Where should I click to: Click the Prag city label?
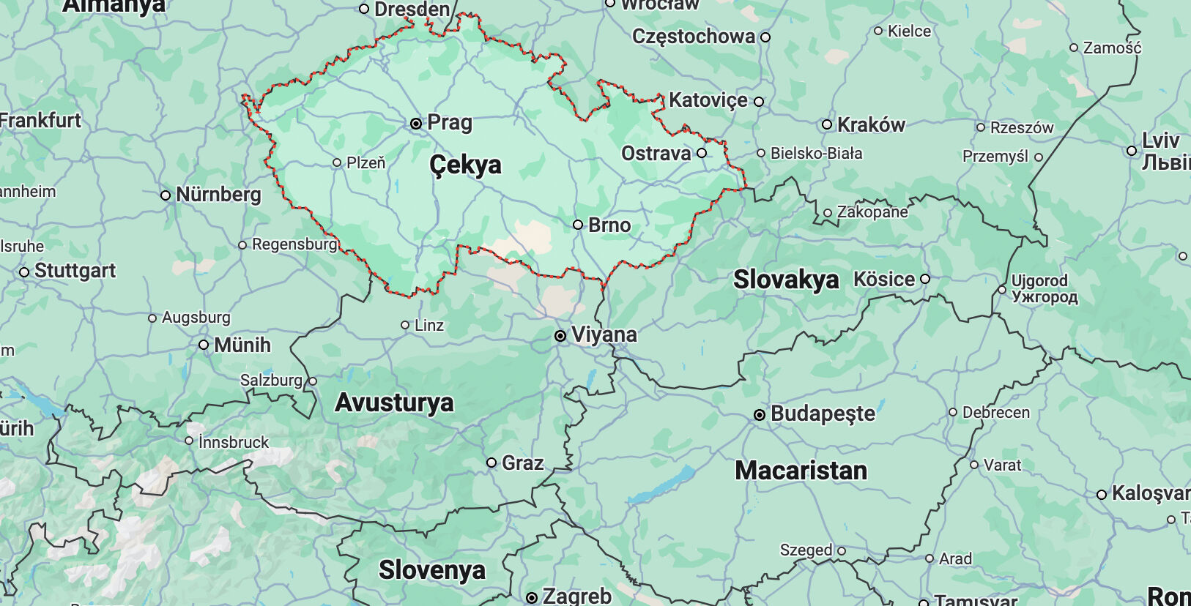coord(449,122)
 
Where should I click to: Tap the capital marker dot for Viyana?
coord(560,336)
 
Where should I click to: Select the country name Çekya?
coord(465,165)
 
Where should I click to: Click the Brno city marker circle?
coord(578,225)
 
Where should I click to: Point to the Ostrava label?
coord(656,154)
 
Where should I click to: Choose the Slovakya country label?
coord(786,280)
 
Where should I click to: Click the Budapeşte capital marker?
coord(760,415)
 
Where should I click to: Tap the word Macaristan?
coord(801,471)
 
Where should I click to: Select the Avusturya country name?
coord(394,403)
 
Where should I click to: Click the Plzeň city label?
coord(366,162)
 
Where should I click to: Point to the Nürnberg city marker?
coord(166,195)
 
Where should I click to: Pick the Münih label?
coord(242,345)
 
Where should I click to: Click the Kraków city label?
coord(871,125)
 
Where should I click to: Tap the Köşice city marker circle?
coord(925,279)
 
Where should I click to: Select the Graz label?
coord(522,463)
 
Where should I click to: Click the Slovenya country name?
coord(431,570)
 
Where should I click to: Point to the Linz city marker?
coord(405,325)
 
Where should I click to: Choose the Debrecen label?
coord(995,413)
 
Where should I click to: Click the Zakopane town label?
coord(872,212)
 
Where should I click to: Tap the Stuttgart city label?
coord(75,271)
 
